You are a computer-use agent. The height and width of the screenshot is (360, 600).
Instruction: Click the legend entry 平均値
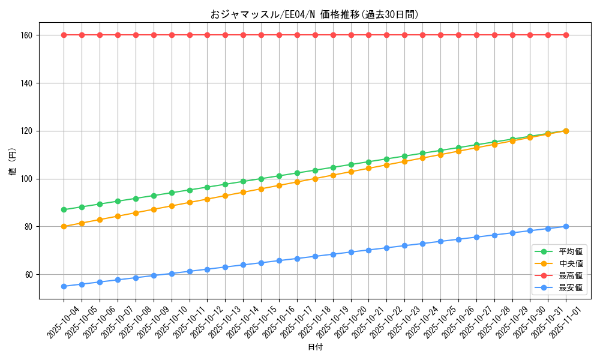(571, 251)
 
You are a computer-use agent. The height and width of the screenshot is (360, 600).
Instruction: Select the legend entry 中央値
(571, 263)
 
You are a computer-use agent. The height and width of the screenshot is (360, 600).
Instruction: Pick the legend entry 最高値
(571, 275)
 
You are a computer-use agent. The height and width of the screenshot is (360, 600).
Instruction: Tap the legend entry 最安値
(571, 287)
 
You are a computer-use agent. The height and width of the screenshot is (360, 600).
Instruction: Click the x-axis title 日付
(314, 347)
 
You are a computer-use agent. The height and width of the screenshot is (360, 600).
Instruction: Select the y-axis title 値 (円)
(13, 163)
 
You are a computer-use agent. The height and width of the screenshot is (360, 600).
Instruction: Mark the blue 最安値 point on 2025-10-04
(64, 286)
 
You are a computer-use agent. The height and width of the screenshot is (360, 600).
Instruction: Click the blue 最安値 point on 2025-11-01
(566, 226)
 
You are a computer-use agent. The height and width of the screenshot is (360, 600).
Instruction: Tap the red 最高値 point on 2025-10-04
(64, 35)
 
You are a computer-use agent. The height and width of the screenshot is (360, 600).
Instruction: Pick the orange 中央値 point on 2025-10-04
(64, 226)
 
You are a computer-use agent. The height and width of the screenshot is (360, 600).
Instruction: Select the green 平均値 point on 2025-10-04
(64, 209)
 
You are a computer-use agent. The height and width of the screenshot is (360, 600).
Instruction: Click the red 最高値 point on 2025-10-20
(351, 35)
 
